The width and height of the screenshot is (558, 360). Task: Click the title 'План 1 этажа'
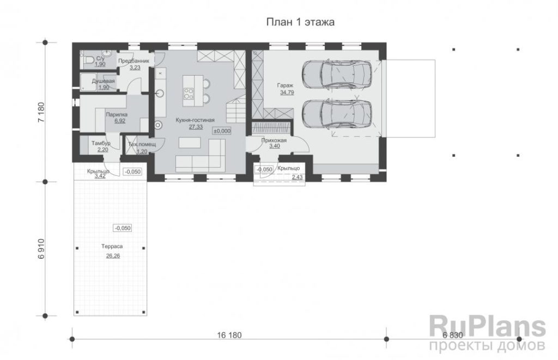tap(300, 22)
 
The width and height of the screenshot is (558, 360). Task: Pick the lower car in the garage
tap(337, 114)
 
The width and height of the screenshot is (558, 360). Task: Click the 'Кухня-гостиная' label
tap(195, 120)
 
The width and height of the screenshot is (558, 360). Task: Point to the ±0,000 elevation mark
tap(222, 131)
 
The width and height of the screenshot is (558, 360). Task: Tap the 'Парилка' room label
tap(117, 114)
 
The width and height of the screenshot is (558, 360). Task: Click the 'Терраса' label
tap(112, 246)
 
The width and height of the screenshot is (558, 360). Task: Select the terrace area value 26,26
tap(113, 256)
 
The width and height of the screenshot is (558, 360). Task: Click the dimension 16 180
tap(229, 335)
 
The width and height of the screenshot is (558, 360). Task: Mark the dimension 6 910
tap(41, 249)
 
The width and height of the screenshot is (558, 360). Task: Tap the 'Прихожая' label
tap(274, 141)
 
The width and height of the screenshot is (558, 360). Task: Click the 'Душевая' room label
tap(103, 81)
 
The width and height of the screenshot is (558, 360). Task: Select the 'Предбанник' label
tap(134, 61)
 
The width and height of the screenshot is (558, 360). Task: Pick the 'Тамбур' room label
tap(101, 143)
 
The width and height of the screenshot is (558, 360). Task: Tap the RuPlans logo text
tap(488, 327)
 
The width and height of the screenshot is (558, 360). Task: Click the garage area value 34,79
tap(287, 93)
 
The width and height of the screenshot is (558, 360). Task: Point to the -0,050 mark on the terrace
tap(123, 228)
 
